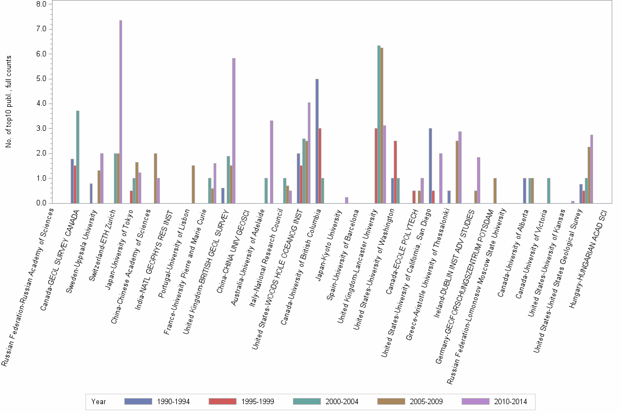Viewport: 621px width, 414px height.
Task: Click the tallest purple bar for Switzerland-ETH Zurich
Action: pos(120,112)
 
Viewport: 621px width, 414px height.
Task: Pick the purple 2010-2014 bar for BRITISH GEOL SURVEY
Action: pos(234,131)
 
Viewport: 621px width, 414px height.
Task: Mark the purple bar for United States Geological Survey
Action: pos(592,169)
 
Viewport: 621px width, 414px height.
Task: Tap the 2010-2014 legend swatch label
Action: pos(510,401)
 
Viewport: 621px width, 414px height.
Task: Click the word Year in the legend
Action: pos(99,401)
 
